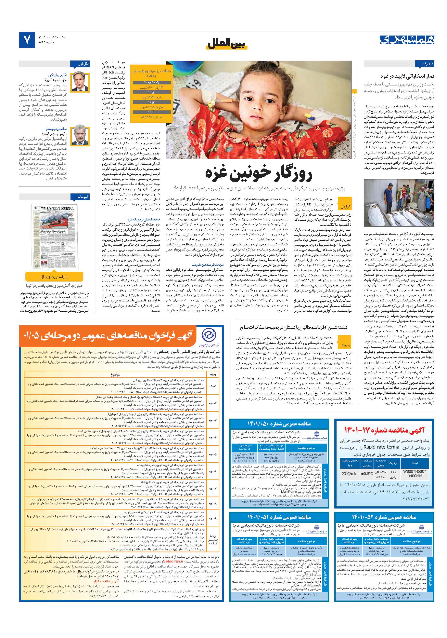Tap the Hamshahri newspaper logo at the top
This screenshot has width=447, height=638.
click(407, 40)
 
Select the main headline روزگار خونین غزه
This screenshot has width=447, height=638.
click(258, 173)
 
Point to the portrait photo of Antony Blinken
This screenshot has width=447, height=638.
click(80, 82)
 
